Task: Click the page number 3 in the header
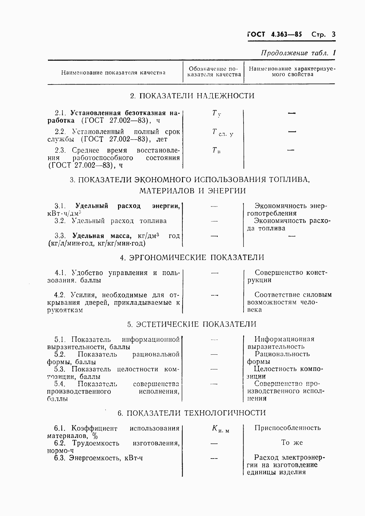(x=333, y=34)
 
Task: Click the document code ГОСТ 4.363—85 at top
(x=275, y=34)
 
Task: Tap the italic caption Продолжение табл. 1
(x=298, y=53)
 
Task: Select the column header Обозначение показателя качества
(x=214, y=72)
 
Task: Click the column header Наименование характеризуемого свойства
(x=292, y=72)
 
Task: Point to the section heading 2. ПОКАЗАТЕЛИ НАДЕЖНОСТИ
(x=192, y=96)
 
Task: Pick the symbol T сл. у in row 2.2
(x=222, y=132)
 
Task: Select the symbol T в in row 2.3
(x=216, y=151)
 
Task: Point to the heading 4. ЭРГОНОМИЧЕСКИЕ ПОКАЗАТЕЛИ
(x=192, y=258)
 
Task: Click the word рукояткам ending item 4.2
(x=65, y=310)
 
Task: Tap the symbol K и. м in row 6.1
(x=220, y=429)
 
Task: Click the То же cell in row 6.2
(x=292, y=443)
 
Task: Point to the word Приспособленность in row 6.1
(x=288, y=428)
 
